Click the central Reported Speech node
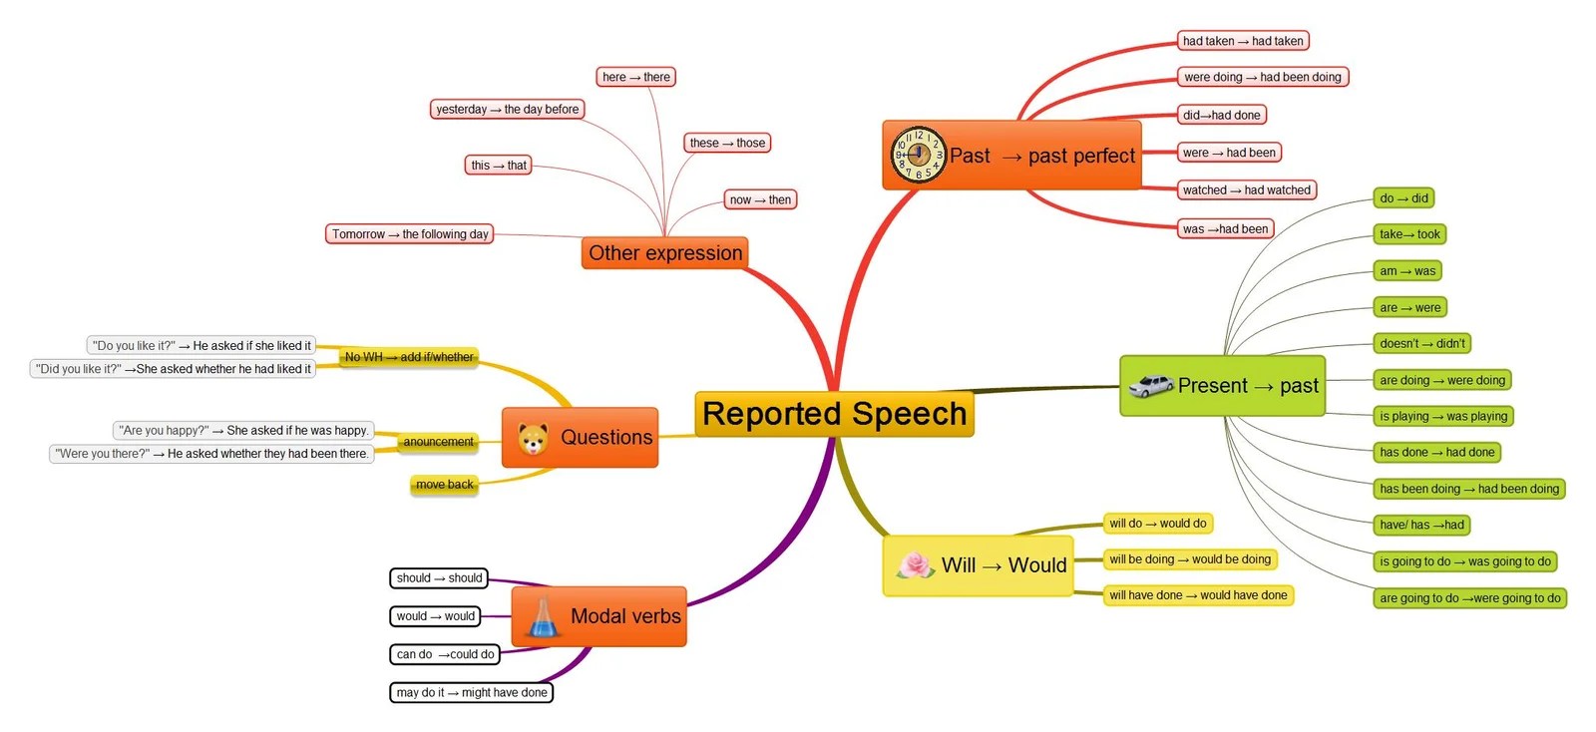(834, 414)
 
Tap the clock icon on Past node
(917, 155)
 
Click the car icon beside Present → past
(1150, 386)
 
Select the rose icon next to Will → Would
(915, 565)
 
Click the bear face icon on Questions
(533, 438)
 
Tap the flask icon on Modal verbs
(542, 617)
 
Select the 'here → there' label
(636, 77)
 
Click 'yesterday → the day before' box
(507, 109)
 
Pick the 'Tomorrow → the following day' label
(410, 234)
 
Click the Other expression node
(665, 253)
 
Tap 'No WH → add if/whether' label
(409, 357)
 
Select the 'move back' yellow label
(444, 485)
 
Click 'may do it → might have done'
(471, 692)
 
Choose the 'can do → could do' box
(445, 654)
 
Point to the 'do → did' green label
(1403, 198)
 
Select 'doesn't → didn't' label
(1422, 343)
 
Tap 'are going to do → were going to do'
(1469, 598)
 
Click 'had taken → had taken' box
(1242, 41)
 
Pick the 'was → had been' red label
(1225, 228)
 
